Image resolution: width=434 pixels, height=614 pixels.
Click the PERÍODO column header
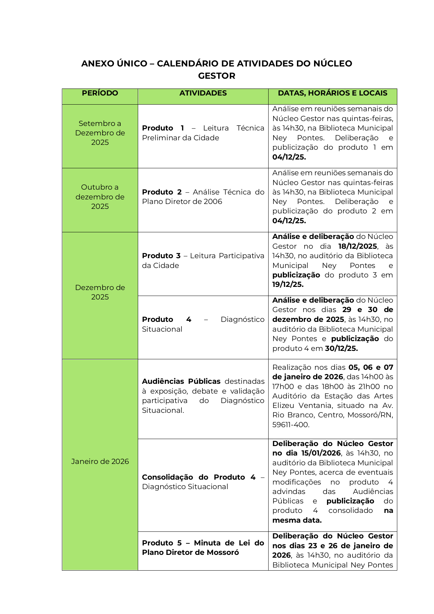pyautogui.click(x=100, y=93)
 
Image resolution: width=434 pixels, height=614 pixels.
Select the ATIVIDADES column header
pyautogui.click(x=203, y=93)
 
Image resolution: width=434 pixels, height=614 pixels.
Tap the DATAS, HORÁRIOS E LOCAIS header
pyautogui.click(x=333, y=93)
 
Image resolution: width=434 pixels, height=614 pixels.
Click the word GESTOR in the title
pyautogui.click(x=216, y=76)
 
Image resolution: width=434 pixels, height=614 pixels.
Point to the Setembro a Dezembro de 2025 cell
pyautogui.click(x=100, y=133)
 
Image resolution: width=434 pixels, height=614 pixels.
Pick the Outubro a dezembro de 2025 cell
pyautogui.click(x=100, y=197)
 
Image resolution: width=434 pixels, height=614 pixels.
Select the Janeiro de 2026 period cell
pyautogui.click(x=100, y=461)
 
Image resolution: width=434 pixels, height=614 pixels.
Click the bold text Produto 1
pyautogui.click(x=163, y=128)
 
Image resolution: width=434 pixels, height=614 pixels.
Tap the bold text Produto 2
pyautogui.click(x=162, y=192)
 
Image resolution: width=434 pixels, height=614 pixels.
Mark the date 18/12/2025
pyautogui.click(x=357, y=246)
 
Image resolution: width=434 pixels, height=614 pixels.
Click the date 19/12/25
pyautogui.click(x=288, y=284)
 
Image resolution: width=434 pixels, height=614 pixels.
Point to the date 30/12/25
pyautogui.click(x=341, y=348)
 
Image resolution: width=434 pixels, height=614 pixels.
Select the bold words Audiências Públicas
pyautogui.click(x=181, y=381)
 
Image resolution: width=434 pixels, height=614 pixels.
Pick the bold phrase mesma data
pyautogui.click(x=297, y=520)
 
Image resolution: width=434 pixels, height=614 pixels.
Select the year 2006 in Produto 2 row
pyautogui.click(x=213, y=202)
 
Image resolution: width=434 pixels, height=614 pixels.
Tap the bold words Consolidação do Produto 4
pyautogui.click(x=199, y=477)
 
